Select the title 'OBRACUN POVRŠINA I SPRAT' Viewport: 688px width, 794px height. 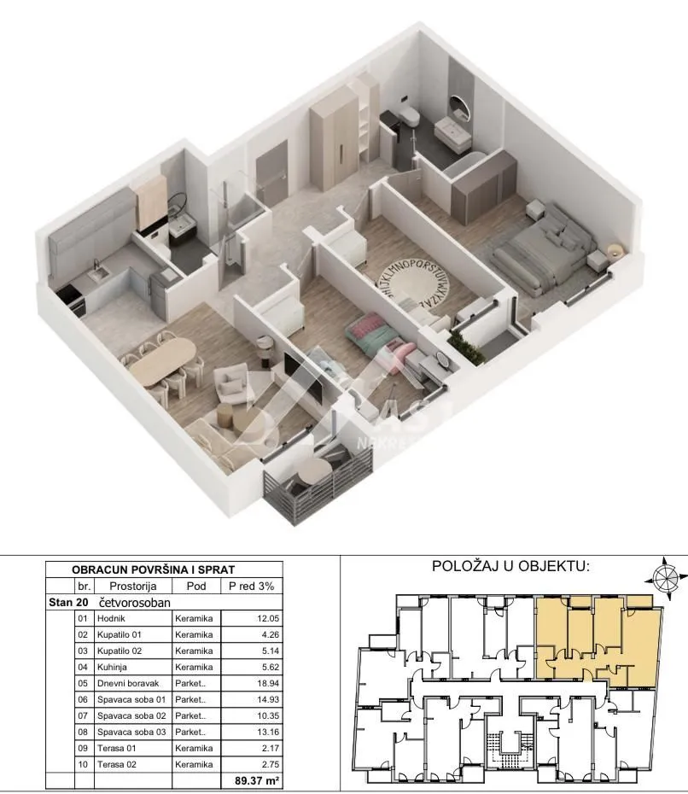pyautogui.click(x=154, y=569)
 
